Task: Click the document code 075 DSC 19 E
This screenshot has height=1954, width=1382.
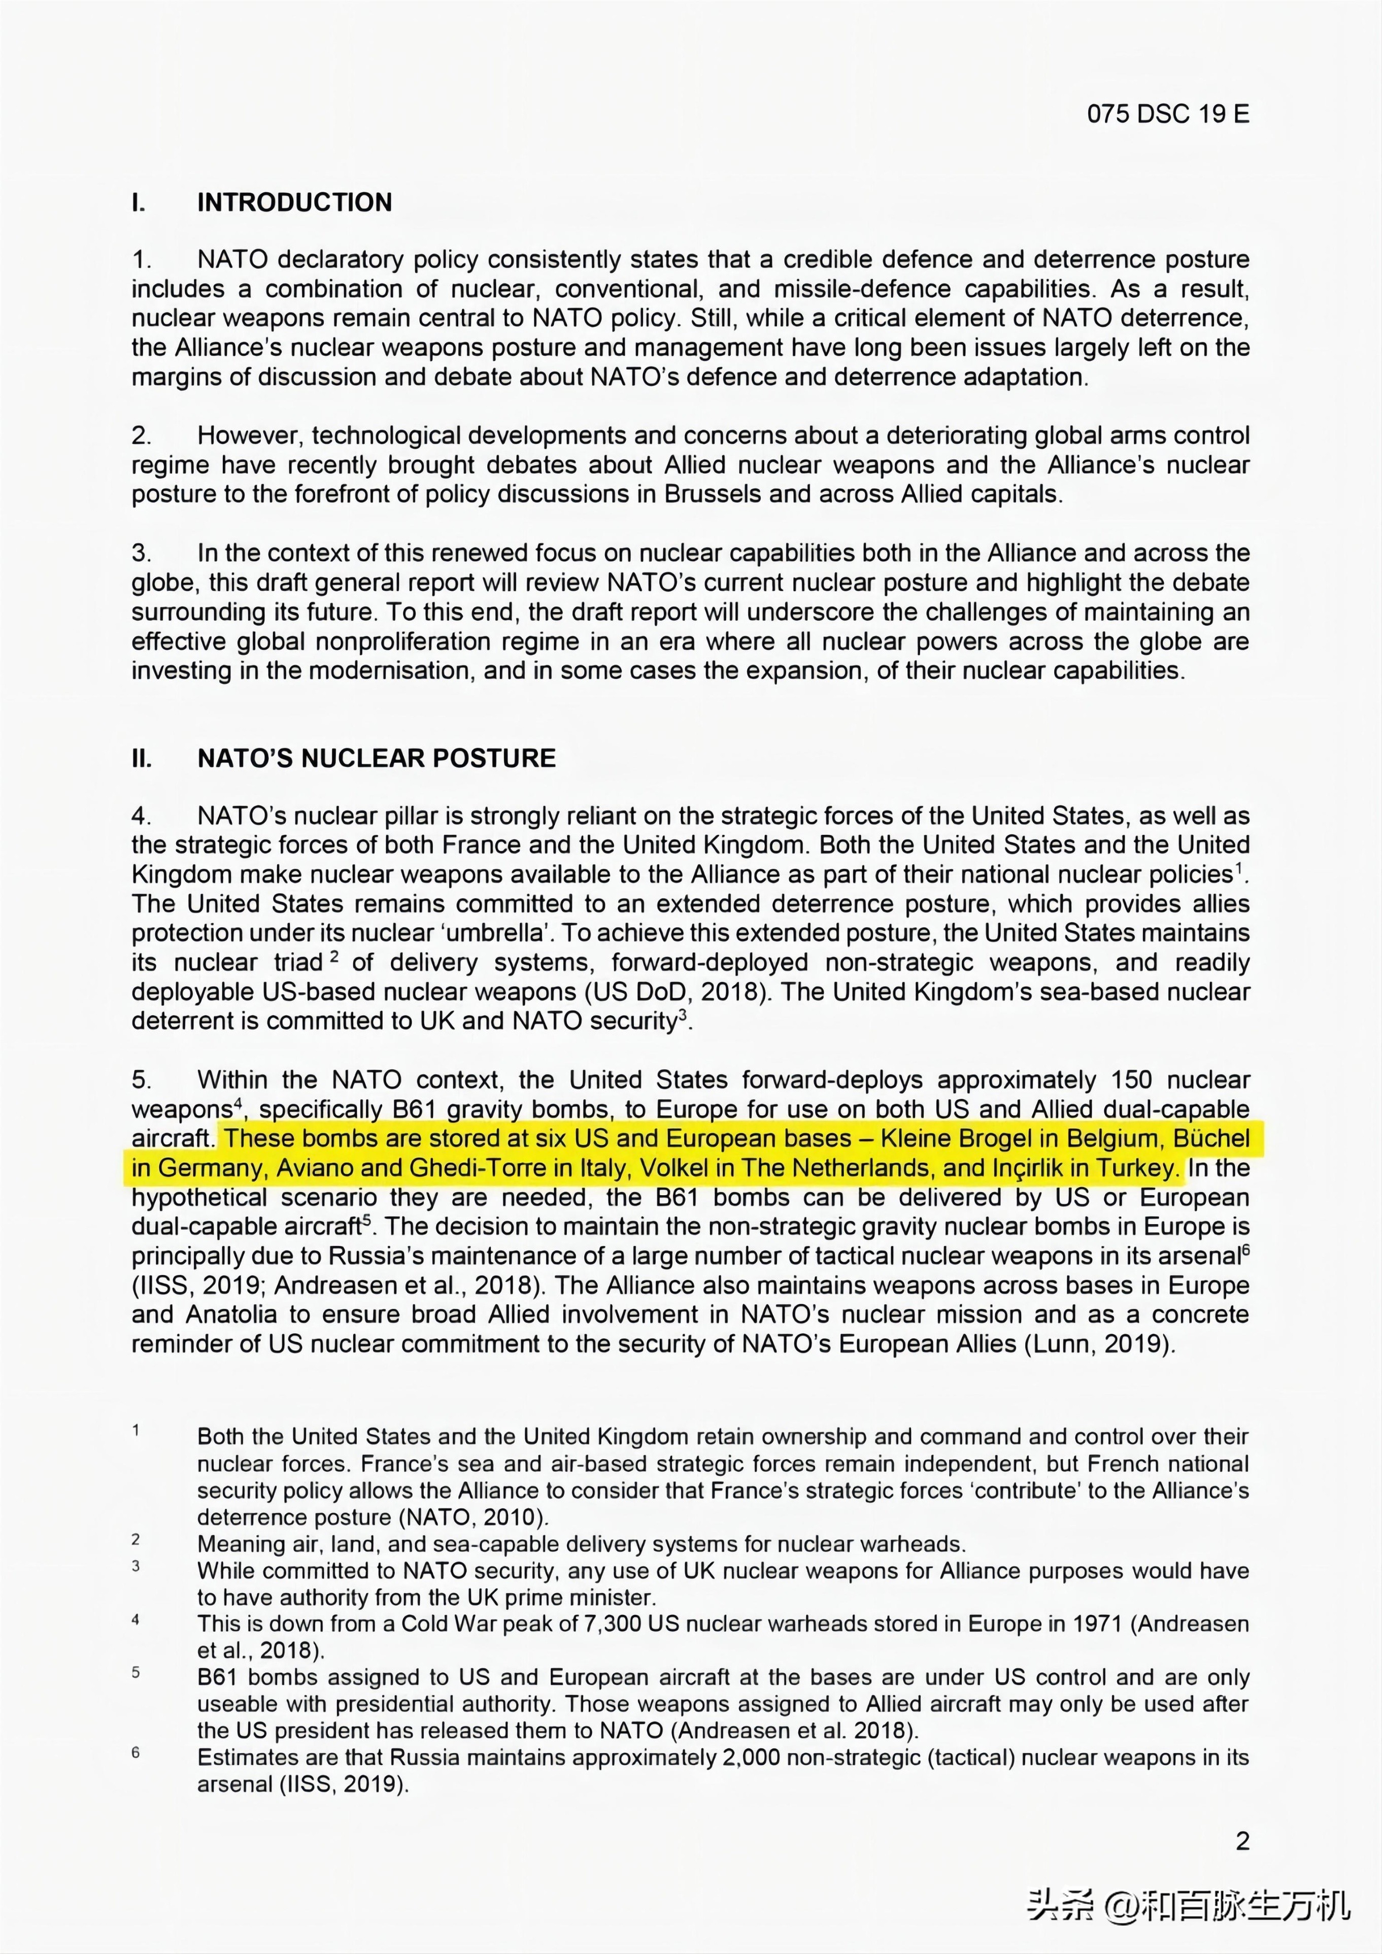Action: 1167,114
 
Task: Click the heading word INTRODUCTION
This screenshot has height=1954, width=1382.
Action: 294,203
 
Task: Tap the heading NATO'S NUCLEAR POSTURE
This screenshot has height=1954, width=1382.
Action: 376,758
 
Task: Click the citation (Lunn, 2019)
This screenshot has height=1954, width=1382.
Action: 1099,1344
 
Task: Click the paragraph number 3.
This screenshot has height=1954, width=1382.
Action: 141,553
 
